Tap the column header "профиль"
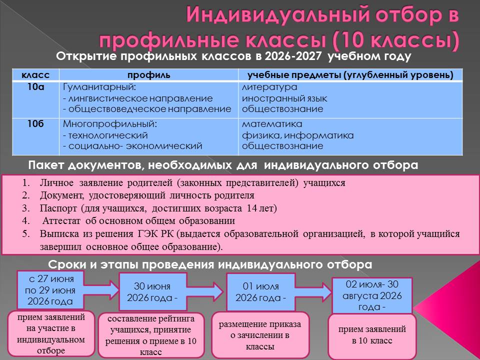(x=149, y=75)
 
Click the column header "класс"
(x=35, y=75)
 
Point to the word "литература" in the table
(x=269, y=87)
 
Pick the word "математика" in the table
(x=272, y=124)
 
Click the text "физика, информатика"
(x=297, y=135)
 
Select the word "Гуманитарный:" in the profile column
(x=99, y=87)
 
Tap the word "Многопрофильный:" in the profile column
(x=110, y=124)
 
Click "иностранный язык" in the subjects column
(x=284, y=98)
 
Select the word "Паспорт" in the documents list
(x=58, y=208)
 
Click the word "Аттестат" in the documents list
(x=61, y=220)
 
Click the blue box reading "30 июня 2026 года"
(x=152, y=292)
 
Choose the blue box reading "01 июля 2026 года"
(x=260, y=292)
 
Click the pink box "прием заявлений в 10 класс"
(x=372, y=335)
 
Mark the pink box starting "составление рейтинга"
(x=151, y=335)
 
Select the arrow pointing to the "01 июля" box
(x=205, y=292)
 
